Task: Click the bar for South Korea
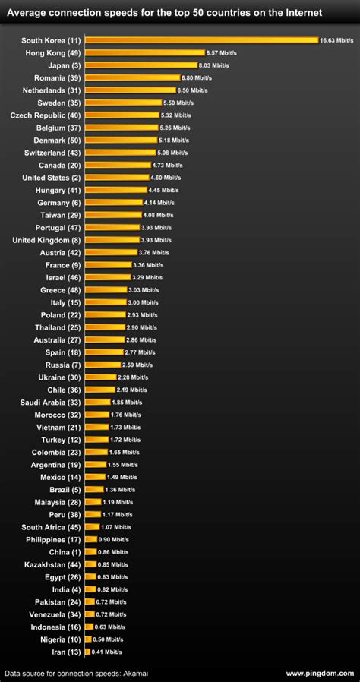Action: pyautogui.click(x=201, y=40)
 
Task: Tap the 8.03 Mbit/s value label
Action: pyautogui.click(x=213, y=65)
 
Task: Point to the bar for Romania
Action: pyautogui.click(x=132, y=77)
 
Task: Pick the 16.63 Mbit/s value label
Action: pyautogui.click(x=336, y=40)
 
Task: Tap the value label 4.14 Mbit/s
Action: pyautogui.click(x=159, y=202)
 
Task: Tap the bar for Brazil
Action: pyautogui.click(x=93, y=489)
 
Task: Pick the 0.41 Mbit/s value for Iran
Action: pyautogui.click(x=106, y=651)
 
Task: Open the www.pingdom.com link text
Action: pyautogui.click(x=320, y=673)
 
